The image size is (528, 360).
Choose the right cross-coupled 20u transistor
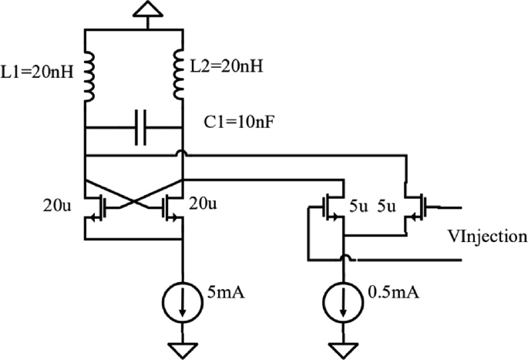[170, 207]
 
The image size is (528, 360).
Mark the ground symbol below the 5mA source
[181, 349]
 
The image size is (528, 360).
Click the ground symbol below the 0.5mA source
[342, 349]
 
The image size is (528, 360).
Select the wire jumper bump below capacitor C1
[181, 154]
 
